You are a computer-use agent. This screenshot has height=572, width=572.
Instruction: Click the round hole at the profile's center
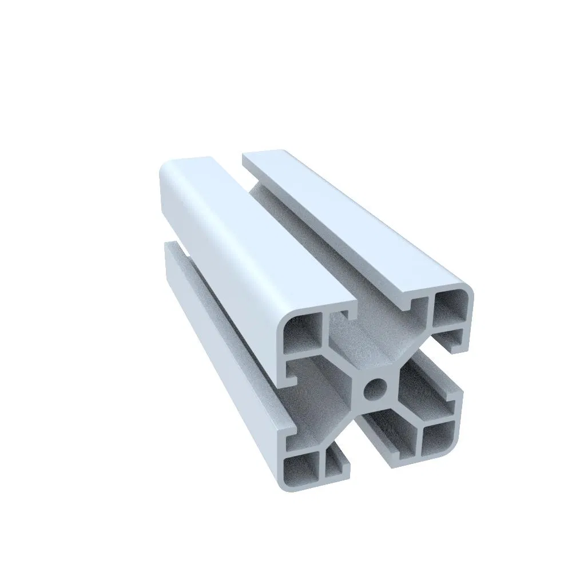[x=374, y=390]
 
